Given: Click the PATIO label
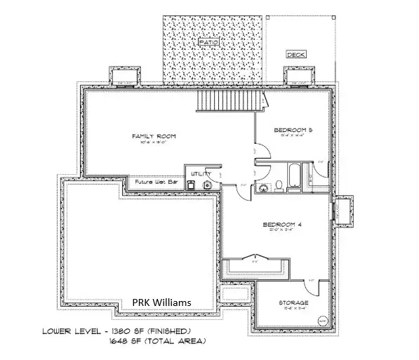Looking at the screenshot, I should coord(208,43).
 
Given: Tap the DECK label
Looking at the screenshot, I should coord(294,54).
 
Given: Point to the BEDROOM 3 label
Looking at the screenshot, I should coord(292,131).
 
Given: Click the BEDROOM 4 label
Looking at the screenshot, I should coord(281,225).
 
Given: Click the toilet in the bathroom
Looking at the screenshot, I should coord(279,185).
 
